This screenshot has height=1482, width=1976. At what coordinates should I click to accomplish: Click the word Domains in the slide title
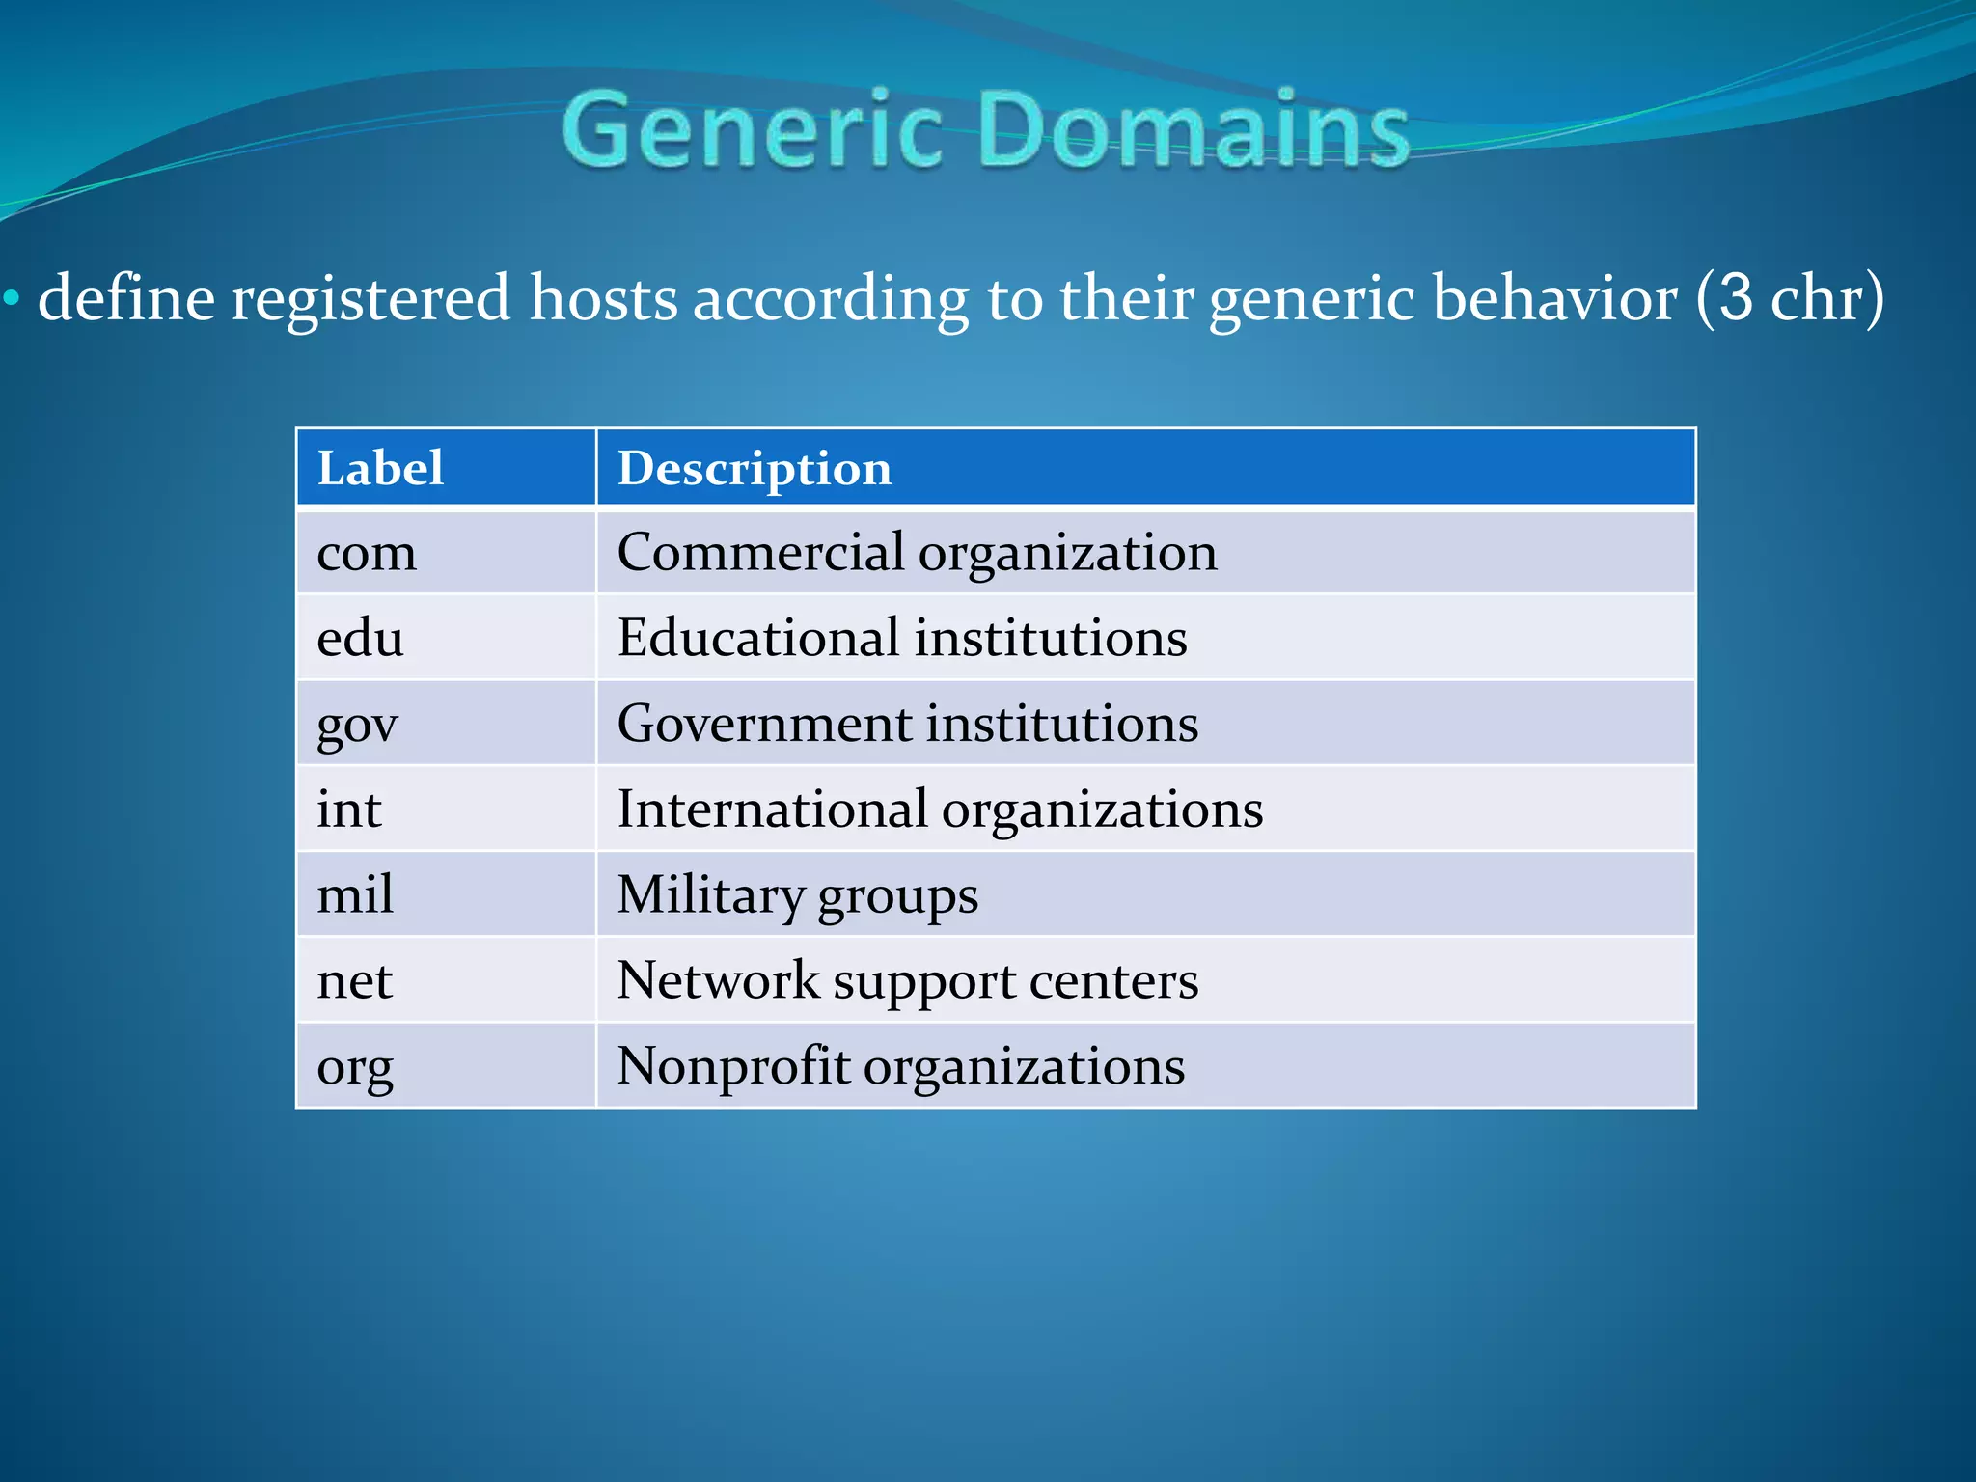[x=1194, y=129]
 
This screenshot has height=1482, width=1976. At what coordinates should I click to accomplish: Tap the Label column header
[x=380, y=468]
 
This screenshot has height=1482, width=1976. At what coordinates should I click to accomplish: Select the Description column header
[x=755, y=469]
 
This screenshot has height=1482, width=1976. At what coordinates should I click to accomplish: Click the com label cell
[x=367, y=553]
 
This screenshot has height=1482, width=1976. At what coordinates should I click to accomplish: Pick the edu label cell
[x=360, y=638]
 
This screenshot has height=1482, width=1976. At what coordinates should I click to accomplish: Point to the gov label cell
[x=357, y=724]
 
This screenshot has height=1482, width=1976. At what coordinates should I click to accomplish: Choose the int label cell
[x=348, y=809]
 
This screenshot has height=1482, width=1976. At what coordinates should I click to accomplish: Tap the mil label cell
[x=355, y=894]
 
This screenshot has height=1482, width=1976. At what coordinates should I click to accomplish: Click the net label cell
[x=354, y=980]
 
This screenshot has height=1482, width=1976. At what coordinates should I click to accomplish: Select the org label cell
[x=355, y=1067]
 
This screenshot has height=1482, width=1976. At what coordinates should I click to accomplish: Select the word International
[x=772, y=809]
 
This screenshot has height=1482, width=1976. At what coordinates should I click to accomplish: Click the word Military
[x=710, y=894]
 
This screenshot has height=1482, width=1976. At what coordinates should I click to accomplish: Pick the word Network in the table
[x=718, y=980]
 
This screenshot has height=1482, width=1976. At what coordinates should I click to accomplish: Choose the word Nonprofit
[x=733, y=1066]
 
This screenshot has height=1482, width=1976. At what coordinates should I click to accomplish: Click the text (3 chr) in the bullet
[x=1790, y=297]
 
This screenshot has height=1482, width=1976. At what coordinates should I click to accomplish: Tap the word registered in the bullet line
[x=370, y=297]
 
